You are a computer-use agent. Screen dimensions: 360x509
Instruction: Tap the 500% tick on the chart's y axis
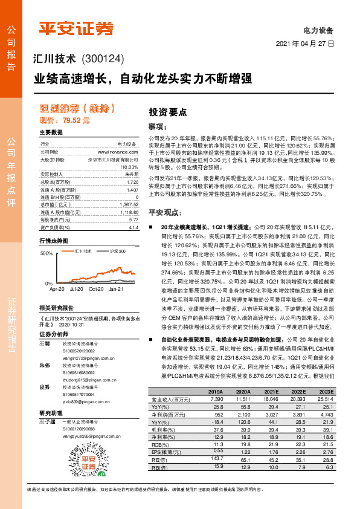46,254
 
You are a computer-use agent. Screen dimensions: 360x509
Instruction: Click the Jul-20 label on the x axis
77,289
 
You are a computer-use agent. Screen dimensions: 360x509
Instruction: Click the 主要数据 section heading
51,132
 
